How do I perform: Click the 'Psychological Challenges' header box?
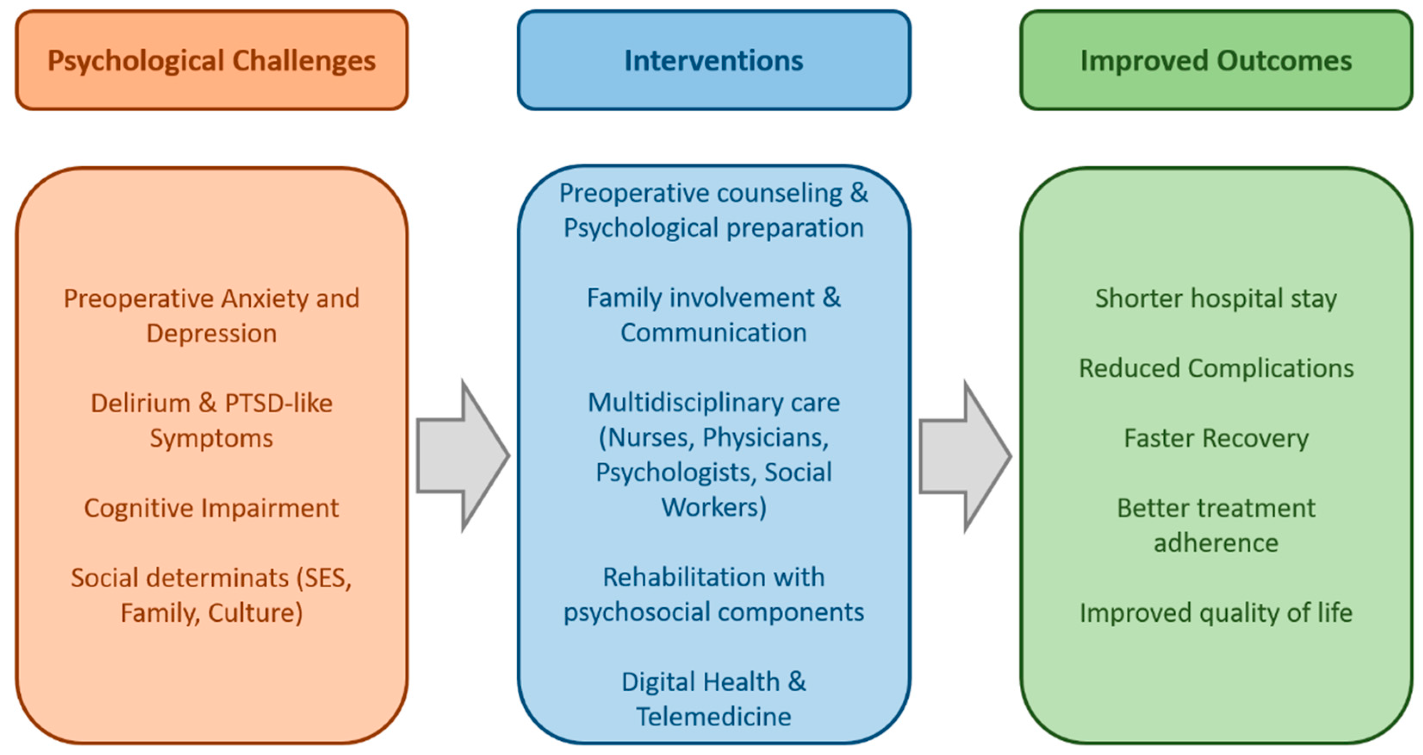coord(211,60)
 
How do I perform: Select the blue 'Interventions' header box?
coord(714,60)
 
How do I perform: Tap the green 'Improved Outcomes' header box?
coord(1216,60)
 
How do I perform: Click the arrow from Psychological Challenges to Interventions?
coord(463,456)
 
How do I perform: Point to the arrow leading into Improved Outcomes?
coord(965,456)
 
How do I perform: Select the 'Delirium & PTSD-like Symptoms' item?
coord(211,421)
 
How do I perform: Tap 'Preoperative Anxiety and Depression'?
coord(211,315)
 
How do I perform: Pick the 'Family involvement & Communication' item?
coord(714,315)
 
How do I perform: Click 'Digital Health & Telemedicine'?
coord(714,699)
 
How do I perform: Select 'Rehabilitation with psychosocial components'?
coord(714,595)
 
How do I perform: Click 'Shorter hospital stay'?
coord(1216,299)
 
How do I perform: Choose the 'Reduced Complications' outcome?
coord(1216,368)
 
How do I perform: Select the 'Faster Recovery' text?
coord(1216,438)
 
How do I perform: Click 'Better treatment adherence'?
coord(1216,525)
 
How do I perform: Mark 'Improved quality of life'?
coord(1216,612)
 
